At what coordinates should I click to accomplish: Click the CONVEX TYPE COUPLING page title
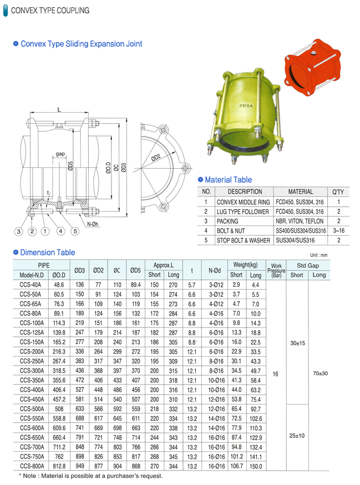coord(50,11)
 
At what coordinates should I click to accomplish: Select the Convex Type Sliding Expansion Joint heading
coord(81,44)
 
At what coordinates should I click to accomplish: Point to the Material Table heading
coord(228,180)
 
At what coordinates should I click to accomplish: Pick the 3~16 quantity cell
coord(338,230)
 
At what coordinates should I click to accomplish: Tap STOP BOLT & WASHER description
coord(244,240)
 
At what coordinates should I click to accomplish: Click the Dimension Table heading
coord(48,252)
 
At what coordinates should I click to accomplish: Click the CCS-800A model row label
coord(32,467)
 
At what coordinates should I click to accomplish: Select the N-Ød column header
coord(215,270)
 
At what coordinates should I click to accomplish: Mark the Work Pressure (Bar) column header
coord(276,270)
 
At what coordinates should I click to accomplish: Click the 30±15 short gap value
coord(297,343)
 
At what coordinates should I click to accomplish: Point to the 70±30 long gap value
coord(320,373)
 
